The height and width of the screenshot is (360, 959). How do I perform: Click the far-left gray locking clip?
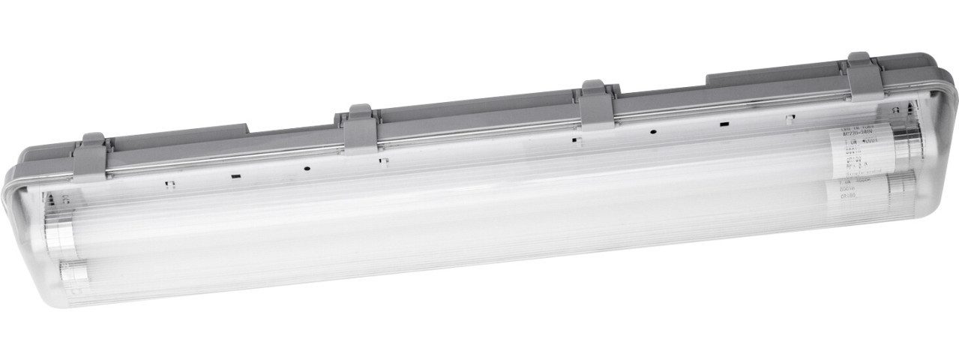[x=92, y=154]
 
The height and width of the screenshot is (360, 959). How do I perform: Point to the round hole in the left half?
[x=307, y=168]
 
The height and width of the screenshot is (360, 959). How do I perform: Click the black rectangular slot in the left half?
[x=235, y=176]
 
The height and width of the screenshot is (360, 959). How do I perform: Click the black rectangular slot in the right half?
[x=724, y=124]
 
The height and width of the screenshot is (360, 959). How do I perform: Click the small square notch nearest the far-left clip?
[x=169, y=182]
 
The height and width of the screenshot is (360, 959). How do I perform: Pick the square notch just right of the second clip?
[x=383, y=160]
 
